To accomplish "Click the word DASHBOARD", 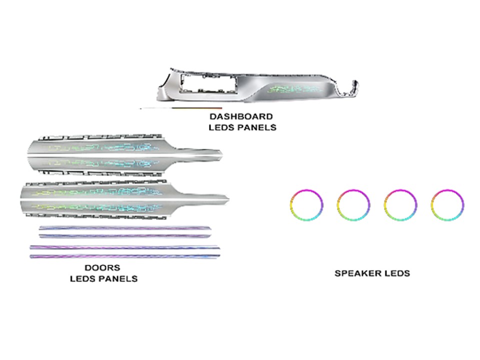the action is pos(241,116).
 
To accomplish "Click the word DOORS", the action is pos(102,268).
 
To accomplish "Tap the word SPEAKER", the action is pos(356,273).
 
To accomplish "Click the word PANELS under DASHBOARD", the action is pos(257,127).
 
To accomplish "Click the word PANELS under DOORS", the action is pos(118,279).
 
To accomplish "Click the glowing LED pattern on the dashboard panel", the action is pos(295,89).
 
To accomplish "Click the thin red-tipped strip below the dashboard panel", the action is pos(180,108).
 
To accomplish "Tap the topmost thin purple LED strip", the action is pos(125,228).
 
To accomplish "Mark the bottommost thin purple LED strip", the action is pos(125,256).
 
